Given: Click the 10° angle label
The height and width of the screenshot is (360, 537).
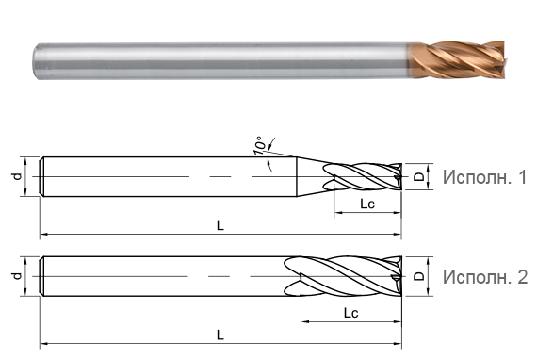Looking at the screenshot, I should pyautogui.click(x=259, y=146).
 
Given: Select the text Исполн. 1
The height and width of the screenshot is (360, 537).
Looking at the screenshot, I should pyautogui.click(x=483, y=177).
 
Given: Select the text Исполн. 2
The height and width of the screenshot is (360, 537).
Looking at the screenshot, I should pyautogui.click(x=483, y=276).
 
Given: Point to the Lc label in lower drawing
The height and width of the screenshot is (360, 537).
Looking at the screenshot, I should pyautogui.click(x=350, y=312).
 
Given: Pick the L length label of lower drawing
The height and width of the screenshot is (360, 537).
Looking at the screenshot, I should pyautogui.click(x=220, y=335).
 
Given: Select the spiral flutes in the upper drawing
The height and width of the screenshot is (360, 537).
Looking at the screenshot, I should pyautogui.click(x=363, y=176).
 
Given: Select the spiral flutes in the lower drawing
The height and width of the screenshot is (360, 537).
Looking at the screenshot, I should pyautogui.click(x=344, y=276).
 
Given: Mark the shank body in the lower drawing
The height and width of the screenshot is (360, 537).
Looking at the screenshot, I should pyautogui.click(x=160, y=276).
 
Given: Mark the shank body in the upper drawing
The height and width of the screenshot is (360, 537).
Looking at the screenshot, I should pyautogui.click(x=160, y=176).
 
